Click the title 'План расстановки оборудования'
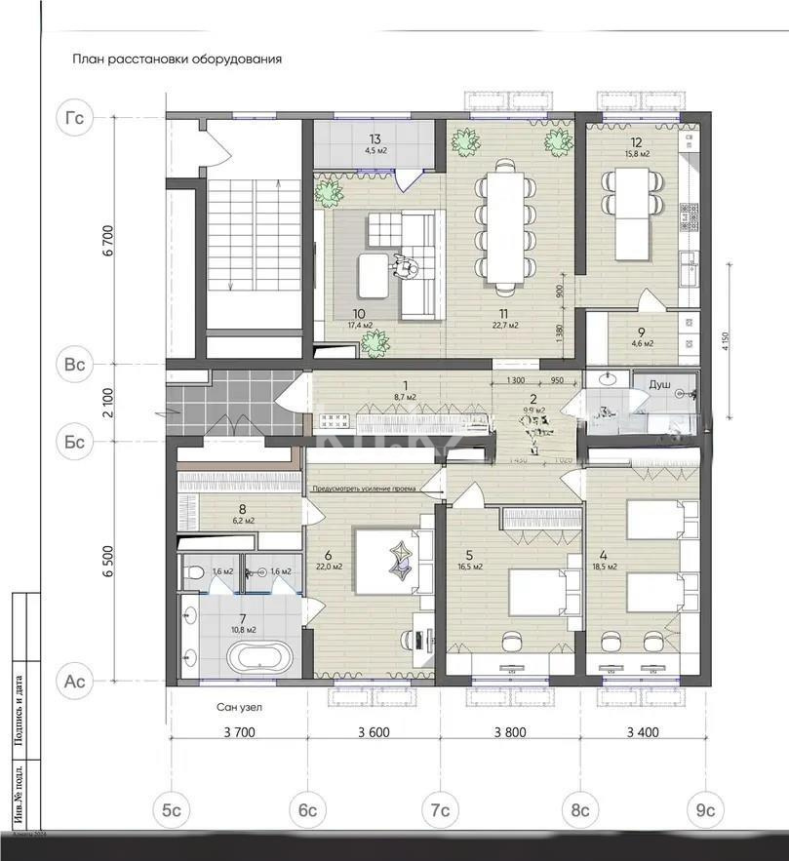point(177,59)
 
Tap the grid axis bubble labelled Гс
point(74,118)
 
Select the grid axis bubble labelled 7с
point(441,810)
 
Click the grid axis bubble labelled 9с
point(704,810)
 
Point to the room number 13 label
point(374,139)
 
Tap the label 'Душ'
point(659,385)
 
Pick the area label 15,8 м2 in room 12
point(638,154)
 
